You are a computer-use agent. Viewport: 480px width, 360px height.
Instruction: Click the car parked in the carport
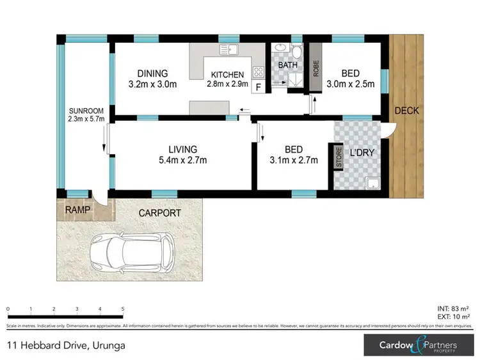131,251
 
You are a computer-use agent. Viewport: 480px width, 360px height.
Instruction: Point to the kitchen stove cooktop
260,72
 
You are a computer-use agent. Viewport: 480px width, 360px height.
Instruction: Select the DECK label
406,111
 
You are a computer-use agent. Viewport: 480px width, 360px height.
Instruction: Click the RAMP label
76,210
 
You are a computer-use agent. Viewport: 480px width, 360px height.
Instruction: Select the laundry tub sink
372,185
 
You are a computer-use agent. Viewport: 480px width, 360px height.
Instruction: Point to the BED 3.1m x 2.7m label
293,155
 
